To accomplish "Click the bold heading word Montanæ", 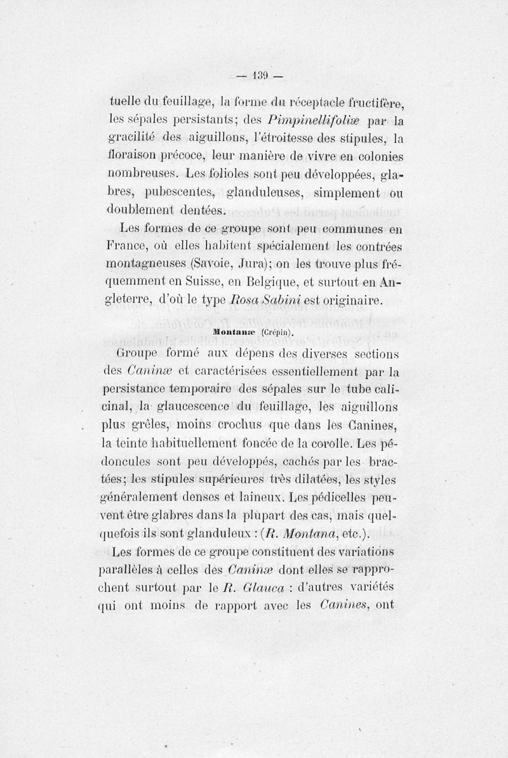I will [x=234, y=332].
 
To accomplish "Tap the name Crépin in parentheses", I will [x=276, y=332].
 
